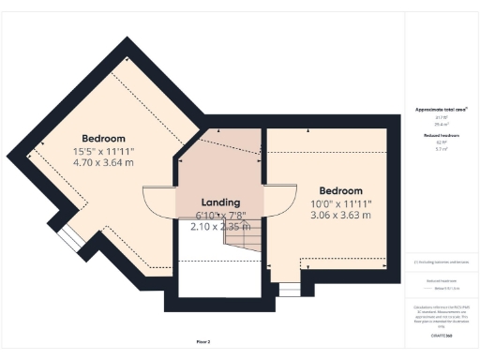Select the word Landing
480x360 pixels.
220,202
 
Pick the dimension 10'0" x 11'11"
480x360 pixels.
339,202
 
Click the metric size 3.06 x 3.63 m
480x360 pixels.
339,215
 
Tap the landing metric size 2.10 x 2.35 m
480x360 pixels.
220,226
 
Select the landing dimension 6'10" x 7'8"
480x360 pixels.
220,215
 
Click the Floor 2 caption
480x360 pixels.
203,342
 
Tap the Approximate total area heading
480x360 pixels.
441,110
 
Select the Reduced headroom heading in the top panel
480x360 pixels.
441,135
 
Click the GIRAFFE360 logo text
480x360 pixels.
441,335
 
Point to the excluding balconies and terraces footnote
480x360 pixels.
441,262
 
